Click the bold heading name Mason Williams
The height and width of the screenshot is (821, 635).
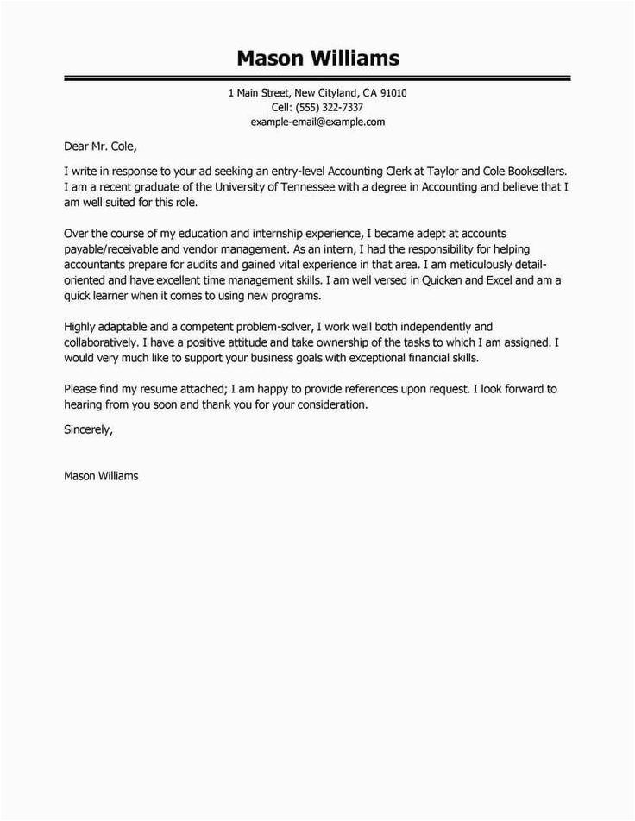(317, 58)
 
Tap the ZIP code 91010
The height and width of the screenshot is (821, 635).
(392, 93)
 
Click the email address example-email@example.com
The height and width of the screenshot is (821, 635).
(317, 122)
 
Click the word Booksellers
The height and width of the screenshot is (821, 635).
(535, 172)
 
